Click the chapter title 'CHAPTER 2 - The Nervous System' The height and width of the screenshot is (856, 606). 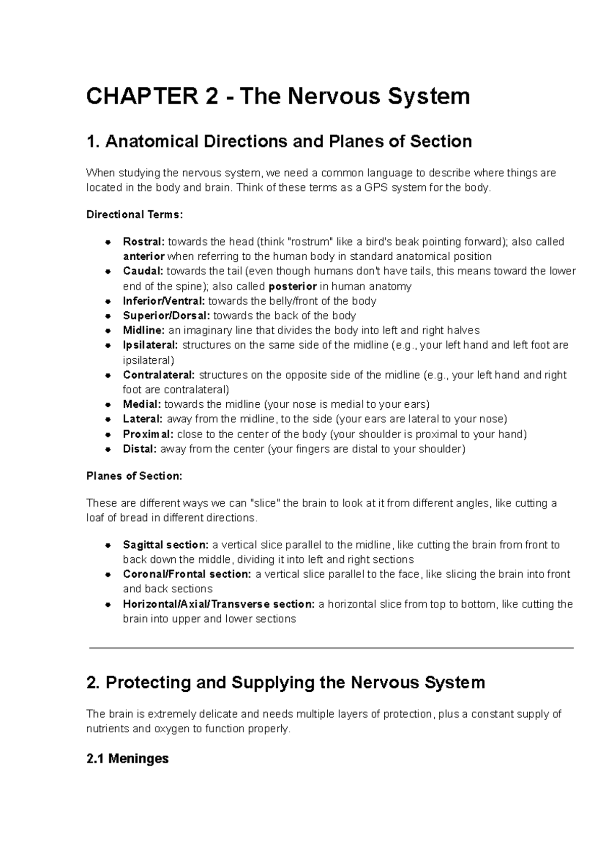pos(278,96)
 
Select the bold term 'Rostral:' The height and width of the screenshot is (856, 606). pos(143,242)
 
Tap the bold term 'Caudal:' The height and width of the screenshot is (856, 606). pos(143,271)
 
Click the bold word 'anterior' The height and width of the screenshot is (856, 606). pos(143,256)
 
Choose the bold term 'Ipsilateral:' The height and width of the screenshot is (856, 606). pos(150,345)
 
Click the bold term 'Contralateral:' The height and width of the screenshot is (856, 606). pos(159,375)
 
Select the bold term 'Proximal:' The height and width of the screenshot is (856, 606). pos(148,434)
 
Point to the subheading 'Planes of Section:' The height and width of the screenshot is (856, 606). pos(134,476)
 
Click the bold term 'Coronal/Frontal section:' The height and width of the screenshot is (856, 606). pos(186,574)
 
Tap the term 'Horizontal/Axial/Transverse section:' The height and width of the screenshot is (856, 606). pos(219,604)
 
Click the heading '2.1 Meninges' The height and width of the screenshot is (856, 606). pos(127,758)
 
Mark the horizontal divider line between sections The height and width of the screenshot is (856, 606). pos(331,648)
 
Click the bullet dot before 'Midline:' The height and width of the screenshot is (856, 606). pos(108,331)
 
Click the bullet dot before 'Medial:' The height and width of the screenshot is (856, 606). pos(108,405)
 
